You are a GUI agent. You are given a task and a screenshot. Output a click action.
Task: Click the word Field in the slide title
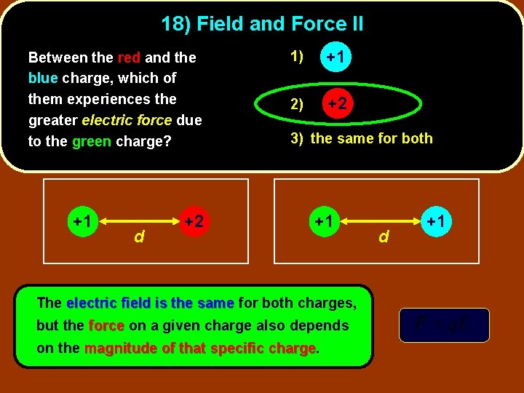coord(220,24)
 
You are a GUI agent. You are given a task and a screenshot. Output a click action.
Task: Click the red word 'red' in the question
coord(129,57)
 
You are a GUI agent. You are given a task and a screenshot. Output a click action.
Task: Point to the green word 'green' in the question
coord(92,141)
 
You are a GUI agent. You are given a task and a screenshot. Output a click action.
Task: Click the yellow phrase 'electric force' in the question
coord(127,119)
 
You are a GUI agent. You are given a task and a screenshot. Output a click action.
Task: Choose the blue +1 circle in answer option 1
coord(336,56)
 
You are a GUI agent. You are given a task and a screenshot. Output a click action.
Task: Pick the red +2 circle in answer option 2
coord(336,103)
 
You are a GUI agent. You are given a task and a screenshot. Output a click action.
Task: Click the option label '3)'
coord(298,138)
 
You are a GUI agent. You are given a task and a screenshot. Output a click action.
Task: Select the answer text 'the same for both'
coord(371,138)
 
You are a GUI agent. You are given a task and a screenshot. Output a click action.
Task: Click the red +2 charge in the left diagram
coord(194,221)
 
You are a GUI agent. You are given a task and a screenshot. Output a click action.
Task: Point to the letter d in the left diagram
coord(138,237)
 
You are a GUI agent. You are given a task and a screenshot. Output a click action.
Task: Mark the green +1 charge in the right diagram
coord(323,221)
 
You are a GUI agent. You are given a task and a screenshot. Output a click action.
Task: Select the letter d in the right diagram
coord(384,237)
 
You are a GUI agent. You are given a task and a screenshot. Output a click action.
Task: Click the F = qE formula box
coord(444,325)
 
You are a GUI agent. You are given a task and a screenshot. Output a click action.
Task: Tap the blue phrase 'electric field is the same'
coord(150,303)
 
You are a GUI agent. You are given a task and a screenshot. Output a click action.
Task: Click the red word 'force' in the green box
coord(106,326)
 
